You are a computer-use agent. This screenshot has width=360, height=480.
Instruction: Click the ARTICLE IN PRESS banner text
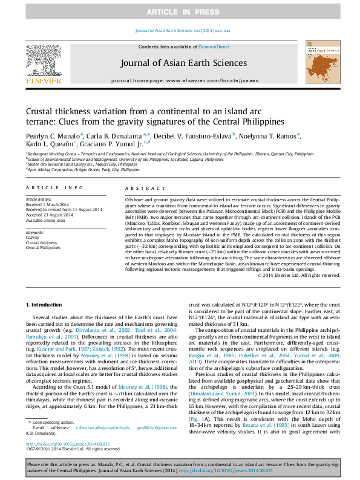point(180,12)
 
